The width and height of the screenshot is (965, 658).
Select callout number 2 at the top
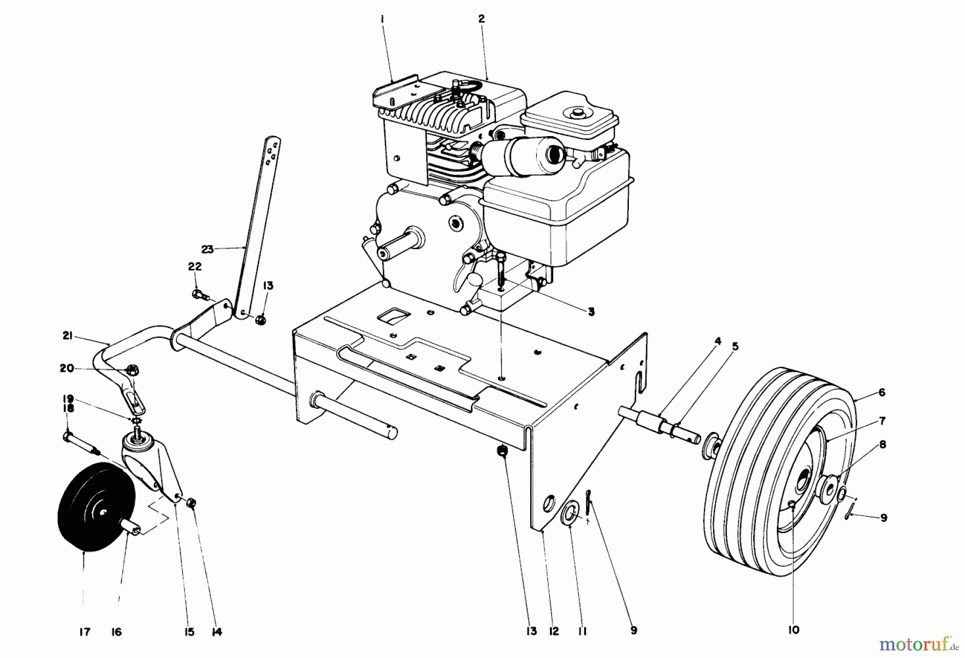[481, 19]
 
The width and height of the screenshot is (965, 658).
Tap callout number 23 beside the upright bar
[207, 249]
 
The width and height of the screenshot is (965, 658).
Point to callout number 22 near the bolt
[194, 267]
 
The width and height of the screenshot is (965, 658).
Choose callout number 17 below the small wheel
[85, 632]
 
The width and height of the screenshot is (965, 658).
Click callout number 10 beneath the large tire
[793, 630]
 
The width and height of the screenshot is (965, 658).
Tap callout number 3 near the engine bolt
[590, 312]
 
